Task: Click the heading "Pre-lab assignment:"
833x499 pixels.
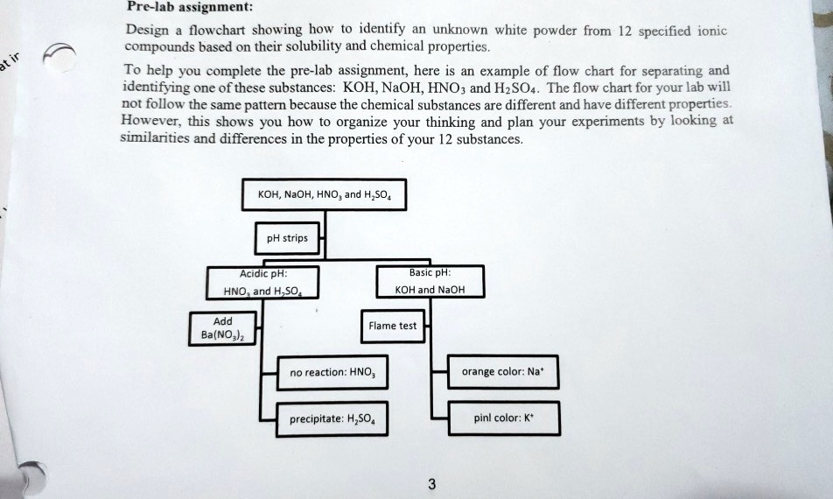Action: pyautogui.click(x=190, y=7)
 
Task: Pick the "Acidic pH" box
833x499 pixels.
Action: pyautogui.click(x=262, y=282)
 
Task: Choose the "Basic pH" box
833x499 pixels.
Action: pyautogui.click(x=429, y=281)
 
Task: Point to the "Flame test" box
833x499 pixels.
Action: pyautogui.click(x=392, y=326)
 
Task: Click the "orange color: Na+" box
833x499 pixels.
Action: pyautogui.click(x=503, y=371)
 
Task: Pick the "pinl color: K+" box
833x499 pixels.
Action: pyautogui.click(x=503, y=418)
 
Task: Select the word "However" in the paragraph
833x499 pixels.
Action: pyautogui.click(x=147, y=121)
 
